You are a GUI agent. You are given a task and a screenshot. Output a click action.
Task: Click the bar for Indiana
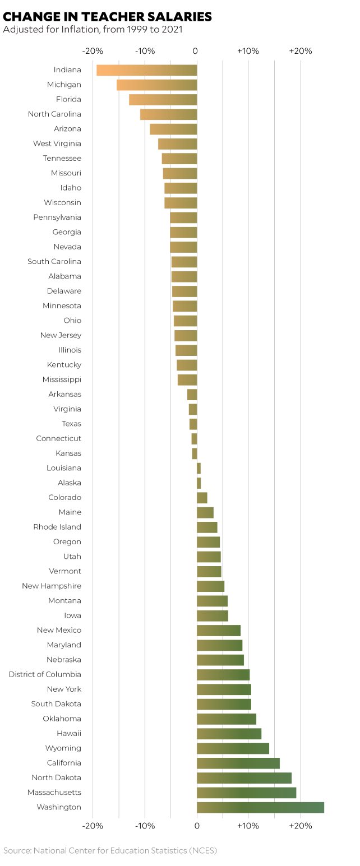[x=147, y=70]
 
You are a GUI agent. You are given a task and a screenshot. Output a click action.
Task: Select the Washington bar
[x=260, y=807]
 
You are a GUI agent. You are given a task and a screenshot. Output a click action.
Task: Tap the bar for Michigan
[x=157, y=85]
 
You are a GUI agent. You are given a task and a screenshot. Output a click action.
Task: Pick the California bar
[x=238, y=763]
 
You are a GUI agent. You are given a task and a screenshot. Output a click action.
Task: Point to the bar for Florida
[x=163, y=100]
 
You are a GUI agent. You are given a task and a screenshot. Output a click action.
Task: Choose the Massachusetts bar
[x=246, y=793]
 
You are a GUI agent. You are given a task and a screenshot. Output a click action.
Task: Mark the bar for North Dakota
[x=244, y=778]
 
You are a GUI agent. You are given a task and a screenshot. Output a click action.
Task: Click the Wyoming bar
[x=233, y=748]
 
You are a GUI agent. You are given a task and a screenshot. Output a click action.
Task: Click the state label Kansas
[x=68, y=453]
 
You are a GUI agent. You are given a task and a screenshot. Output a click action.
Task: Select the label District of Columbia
[x=45, y=674]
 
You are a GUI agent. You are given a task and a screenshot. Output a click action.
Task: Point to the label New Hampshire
[x=52, y=586]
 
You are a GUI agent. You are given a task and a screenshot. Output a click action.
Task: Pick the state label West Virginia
[x=57, y=143]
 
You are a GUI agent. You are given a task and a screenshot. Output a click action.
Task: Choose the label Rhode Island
[x=57, y=527]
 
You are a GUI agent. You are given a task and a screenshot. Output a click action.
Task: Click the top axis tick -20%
[x=93, y=52]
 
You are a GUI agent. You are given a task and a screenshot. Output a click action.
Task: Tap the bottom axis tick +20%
[x=301, y=826]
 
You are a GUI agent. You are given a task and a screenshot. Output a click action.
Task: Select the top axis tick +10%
[x=248, y=52]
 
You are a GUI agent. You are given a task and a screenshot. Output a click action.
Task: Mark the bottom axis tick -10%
[x=145, y=826]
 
